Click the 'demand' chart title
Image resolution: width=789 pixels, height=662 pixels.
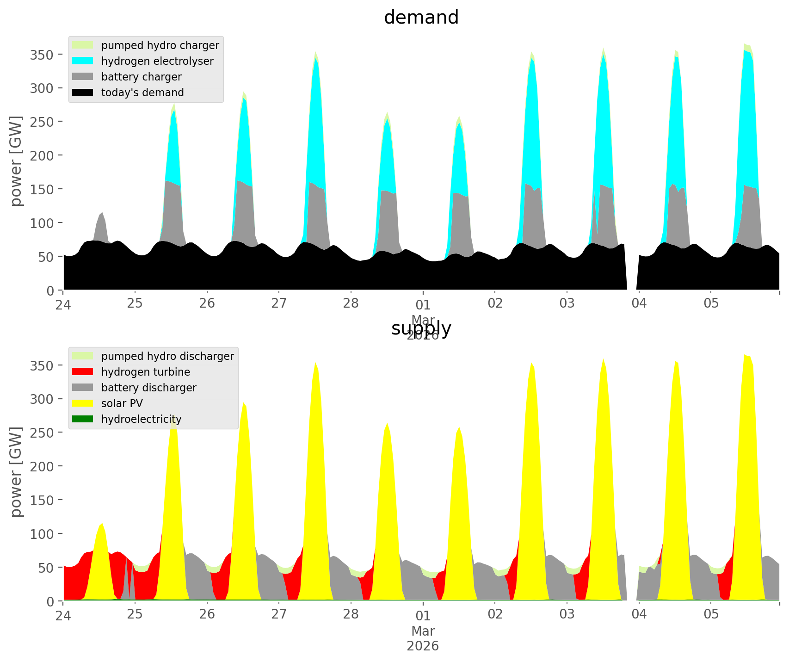(x=421, y=18)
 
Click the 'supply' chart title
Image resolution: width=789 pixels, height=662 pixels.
(x=421, y=328)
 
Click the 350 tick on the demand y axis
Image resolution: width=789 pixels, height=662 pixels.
(x=42, y=55)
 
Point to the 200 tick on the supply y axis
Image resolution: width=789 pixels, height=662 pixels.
(x=42, y=466)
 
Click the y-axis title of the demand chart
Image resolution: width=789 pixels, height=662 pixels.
(x=16, y=161)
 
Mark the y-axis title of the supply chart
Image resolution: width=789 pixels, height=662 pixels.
(x=16, y=472)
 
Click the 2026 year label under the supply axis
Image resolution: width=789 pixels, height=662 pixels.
(x=423, y=646)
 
